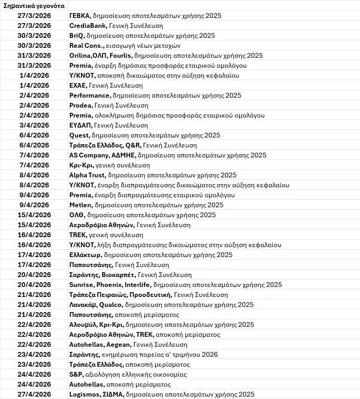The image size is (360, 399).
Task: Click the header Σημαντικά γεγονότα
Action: pyautogui.click(x=34, y=6)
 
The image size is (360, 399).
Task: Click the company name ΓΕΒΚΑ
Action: pyautogui.click(x=80, y=16)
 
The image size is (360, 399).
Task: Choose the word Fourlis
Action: pyautogui.click(x=121, y=55)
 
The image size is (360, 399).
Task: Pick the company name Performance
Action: pyautogui.click(x=90, y=95)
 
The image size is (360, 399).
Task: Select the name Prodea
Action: pyautogui.click(x=81, y=105)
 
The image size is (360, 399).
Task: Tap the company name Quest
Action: pyautogui.click(x=79, y=135)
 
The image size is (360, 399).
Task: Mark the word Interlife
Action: pyautogui.click(x=138, y=285)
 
